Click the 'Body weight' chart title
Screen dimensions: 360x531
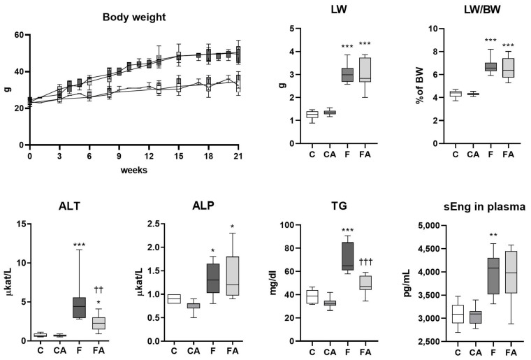(132, 16)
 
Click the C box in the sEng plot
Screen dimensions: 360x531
(457, 314)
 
